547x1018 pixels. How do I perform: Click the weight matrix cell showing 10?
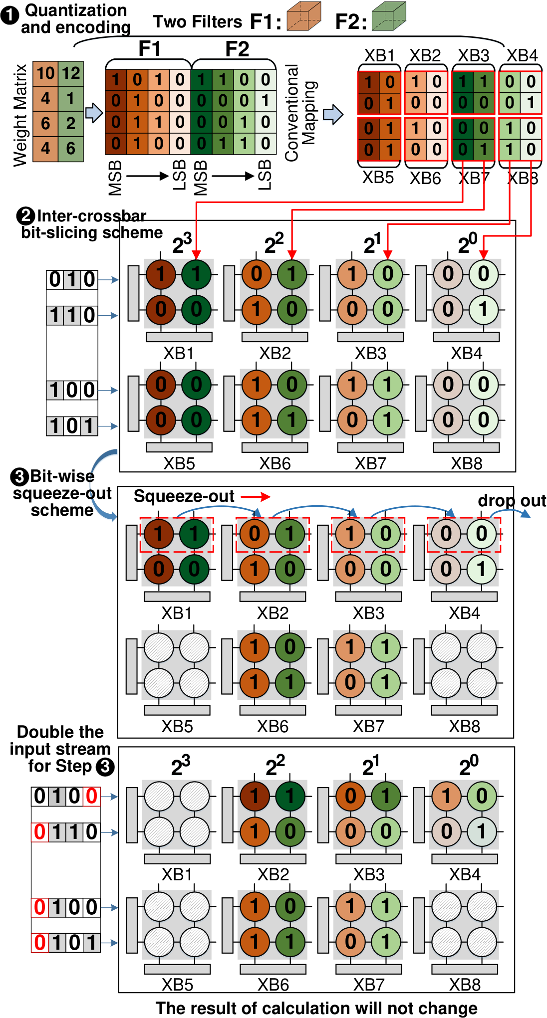pos(45,73)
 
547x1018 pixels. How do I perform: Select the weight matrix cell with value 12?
pos(71,73)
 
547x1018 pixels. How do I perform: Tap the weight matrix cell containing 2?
pos(71,123)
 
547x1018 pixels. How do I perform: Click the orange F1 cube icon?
pos(304,16)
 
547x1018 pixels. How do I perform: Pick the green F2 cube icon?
pos(389,16)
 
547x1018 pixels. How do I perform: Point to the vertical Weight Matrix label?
pos(20,115)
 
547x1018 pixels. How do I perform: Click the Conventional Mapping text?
pos(301,113)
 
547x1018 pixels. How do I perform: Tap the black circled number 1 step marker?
pos(10,15)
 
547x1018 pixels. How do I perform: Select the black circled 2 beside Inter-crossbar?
pos(25,216)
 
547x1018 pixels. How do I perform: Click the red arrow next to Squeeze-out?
pos(256,497)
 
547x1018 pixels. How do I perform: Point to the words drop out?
pos(512,500)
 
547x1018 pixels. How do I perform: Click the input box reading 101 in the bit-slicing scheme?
pos(72,426)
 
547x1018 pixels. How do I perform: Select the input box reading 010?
pos(72,280)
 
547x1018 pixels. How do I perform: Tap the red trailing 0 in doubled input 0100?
pos(91,797)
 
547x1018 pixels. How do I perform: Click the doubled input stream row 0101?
pos(66,943)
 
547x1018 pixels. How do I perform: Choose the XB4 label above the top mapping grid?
pos(523,55)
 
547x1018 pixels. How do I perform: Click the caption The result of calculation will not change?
pos(316,1008)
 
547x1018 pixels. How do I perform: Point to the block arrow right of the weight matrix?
pos(94,113)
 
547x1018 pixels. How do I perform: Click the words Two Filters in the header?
pos(198,21)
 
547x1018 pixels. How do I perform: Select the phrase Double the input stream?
pos(60,740)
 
